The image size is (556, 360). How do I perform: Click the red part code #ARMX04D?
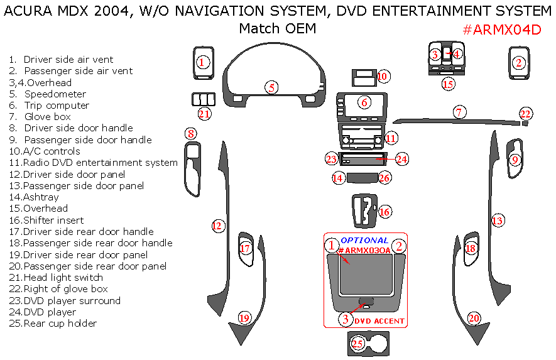(501, 31)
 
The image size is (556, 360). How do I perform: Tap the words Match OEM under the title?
(277, 29)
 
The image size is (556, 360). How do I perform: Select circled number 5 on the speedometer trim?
(271, 87)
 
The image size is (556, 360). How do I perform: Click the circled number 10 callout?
(383, 77)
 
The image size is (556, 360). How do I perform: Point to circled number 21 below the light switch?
(204, 114)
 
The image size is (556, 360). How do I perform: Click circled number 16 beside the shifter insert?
(384, 212)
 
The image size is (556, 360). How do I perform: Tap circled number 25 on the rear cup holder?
(357, 343)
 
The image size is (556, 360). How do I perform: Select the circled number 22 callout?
(526, 114)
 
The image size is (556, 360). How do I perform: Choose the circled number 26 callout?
(384, 178)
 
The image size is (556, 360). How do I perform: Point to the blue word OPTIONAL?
(364, 240)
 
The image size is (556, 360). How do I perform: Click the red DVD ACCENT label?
(379, 321)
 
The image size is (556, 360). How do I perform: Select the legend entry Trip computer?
(57, 106)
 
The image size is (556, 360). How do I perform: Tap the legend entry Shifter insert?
(53, 220)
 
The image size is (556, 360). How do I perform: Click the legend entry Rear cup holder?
(60, 324)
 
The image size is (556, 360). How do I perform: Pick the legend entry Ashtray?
(41, 197)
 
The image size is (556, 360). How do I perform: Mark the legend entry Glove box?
(47, 117)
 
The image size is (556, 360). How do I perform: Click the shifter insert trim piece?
(363, 211)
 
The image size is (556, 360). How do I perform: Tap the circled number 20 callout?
(474, 319)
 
